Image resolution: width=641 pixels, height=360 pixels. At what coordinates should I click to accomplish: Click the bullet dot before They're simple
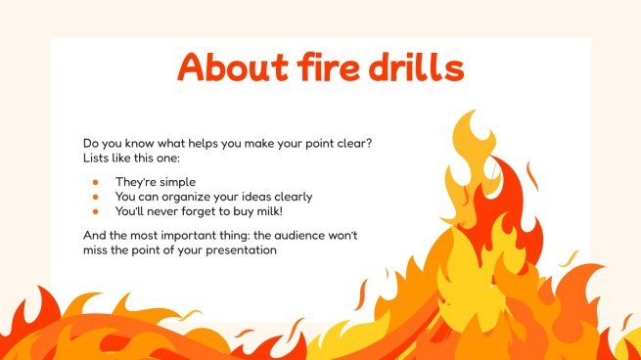tap(96, 182)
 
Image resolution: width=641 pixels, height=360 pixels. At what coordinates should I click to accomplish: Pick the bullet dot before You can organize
tap(96, 196)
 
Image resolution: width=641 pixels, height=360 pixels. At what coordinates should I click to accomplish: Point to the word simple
tap(177, 182)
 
